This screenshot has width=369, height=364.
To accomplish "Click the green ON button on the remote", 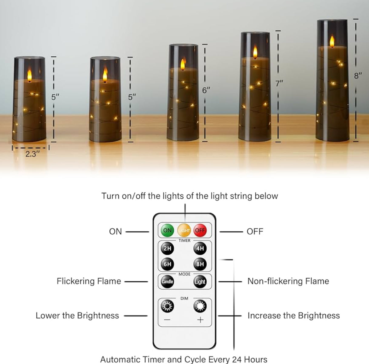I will click(x=167, y=230).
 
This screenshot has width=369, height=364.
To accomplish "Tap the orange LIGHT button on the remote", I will click(x=184, y=230).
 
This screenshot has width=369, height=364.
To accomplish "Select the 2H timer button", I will click(x=167, y=248).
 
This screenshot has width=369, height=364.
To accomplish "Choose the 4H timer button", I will click(x=200, y=248).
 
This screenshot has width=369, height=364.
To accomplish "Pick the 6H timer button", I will click(x=167, y=264).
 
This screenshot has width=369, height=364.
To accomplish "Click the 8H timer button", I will click(x=200, y=264).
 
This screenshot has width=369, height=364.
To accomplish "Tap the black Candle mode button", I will click(x=167, y=281).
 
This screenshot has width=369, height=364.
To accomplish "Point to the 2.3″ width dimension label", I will click(x=31, y=154).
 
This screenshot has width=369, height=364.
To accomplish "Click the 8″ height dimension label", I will click(x=358, y=76).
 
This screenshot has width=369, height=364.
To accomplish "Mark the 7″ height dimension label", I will click(x=279, y=83).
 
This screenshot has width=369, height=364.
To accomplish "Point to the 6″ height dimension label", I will click(x=206, y=90).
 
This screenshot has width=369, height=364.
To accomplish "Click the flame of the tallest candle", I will click(x=332, y=41).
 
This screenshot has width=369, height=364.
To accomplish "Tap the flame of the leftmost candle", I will click(x=29, y=75).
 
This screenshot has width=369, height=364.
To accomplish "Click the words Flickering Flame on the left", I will click(x=89, y=281).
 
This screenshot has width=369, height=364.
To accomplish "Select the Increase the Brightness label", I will click(x=294, y=316).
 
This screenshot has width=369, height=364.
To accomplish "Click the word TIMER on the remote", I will click(x=184, y=240).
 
